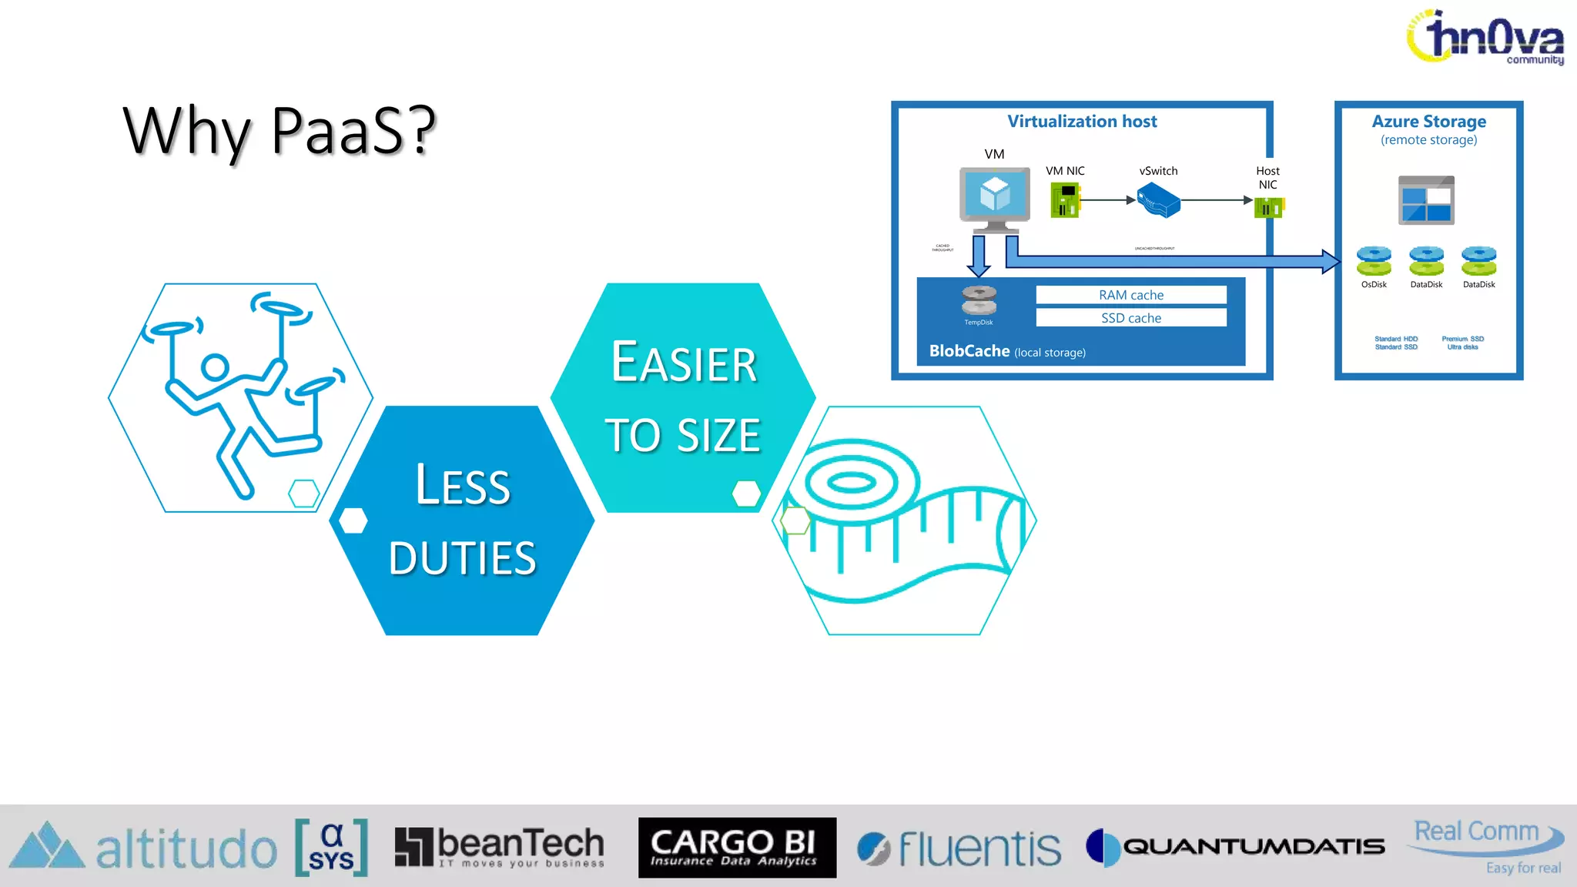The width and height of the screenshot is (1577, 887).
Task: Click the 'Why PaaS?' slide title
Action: [279, 131]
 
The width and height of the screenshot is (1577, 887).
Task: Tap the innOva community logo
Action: [1486, 37]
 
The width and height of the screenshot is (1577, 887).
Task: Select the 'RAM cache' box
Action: [1130, 295]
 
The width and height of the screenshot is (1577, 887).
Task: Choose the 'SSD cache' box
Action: [1130, 318]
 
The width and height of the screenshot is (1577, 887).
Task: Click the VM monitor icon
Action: [994, 197]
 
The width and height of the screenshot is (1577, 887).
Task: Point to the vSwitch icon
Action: [1159, 200]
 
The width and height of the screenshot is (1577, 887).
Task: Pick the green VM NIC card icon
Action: [1065, 200]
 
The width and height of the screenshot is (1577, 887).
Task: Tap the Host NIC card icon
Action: [1269, 207]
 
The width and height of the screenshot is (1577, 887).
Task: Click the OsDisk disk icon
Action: [1374, 261]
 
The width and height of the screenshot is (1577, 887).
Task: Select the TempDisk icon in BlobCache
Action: [979, 300]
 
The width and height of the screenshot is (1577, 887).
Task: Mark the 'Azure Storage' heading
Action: [1428, 122]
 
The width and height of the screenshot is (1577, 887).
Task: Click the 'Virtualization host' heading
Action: [1082, 122]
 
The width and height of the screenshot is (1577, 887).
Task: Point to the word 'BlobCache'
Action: [969, 351]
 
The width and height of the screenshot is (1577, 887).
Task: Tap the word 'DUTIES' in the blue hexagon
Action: [462, 557]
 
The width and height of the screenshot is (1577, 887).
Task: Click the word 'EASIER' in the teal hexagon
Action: [684, 363]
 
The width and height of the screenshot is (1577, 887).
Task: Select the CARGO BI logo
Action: [737, 847]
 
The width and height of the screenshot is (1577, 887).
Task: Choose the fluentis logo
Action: [959, 848]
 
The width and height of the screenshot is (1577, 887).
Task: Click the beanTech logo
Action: [500, 847]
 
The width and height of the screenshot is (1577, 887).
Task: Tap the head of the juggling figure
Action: [216, 367]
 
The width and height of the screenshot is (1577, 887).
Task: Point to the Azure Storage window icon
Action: [1426, 200]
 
